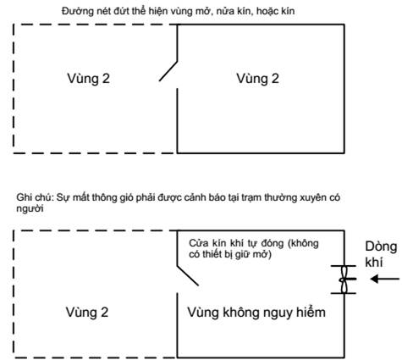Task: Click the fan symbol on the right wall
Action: click(x=344, y=280)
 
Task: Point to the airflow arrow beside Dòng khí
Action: click(x=385, y=279)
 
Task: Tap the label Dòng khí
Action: click(x=381, y=254)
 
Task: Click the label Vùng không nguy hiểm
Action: click(x=256, y=313)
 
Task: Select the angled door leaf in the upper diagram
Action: click(x=168, y=71)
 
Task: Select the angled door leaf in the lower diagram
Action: click(x=188, y=275)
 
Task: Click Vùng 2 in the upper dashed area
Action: click(x=88, y=79)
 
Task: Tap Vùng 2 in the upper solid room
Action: click(x=257, y=79)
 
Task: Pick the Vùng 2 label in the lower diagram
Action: click(x=87, y=313)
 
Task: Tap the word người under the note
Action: click(x=30, y=209)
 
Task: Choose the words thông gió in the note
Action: click(x=115, y=197)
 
